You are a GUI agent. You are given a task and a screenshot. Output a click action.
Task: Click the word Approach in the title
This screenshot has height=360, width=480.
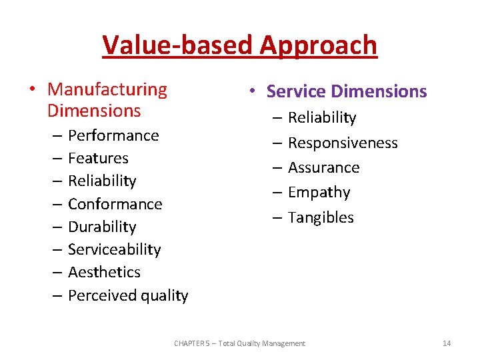[318, 46]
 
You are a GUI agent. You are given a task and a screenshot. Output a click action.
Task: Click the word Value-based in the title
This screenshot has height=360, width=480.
[178, 45]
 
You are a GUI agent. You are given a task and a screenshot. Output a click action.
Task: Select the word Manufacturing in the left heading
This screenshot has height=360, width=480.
[107, 89]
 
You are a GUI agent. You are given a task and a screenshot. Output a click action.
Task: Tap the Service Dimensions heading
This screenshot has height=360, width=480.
[346, 91]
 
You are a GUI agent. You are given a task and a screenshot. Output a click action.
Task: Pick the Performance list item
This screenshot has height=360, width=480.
[113, 135]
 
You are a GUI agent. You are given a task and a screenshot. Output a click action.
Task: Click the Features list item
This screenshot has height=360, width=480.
[98, 158]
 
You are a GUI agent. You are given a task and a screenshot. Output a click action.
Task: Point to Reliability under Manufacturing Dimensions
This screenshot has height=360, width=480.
[102, 181]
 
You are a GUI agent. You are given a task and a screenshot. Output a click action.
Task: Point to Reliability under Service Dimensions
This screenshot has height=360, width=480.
[322, 118]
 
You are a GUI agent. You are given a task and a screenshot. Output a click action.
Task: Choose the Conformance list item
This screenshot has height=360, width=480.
[115, 204]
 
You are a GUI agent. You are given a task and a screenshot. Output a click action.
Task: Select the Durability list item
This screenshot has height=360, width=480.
[102, 227]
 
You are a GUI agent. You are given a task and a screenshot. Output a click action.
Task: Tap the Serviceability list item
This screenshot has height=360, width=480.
[114, 249]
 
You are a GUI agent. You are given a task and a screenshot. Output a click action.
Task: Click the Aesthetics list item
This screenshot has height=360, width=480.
[104, 272]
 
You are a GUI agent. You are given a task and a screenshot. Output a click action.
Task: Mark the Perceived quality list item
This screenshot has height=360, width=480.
[128, 295]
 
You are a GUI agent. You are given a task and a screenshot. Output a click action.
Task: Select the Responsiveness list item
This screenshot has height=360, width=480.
[343, 143]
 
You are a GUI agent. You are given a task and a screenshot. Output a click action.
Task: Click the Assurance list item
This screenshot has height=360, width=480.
[323, 167]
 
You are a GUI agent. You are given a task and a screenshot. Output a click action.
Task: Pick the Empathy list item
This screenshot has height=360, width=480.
[319, 193]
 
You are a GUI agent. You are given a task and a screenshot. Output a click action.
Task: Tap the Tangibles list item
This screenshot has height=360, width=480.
[321, 217]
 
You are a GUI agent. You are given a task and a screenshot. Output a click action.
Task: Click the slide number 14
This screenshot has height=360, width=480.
[447, 343]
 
